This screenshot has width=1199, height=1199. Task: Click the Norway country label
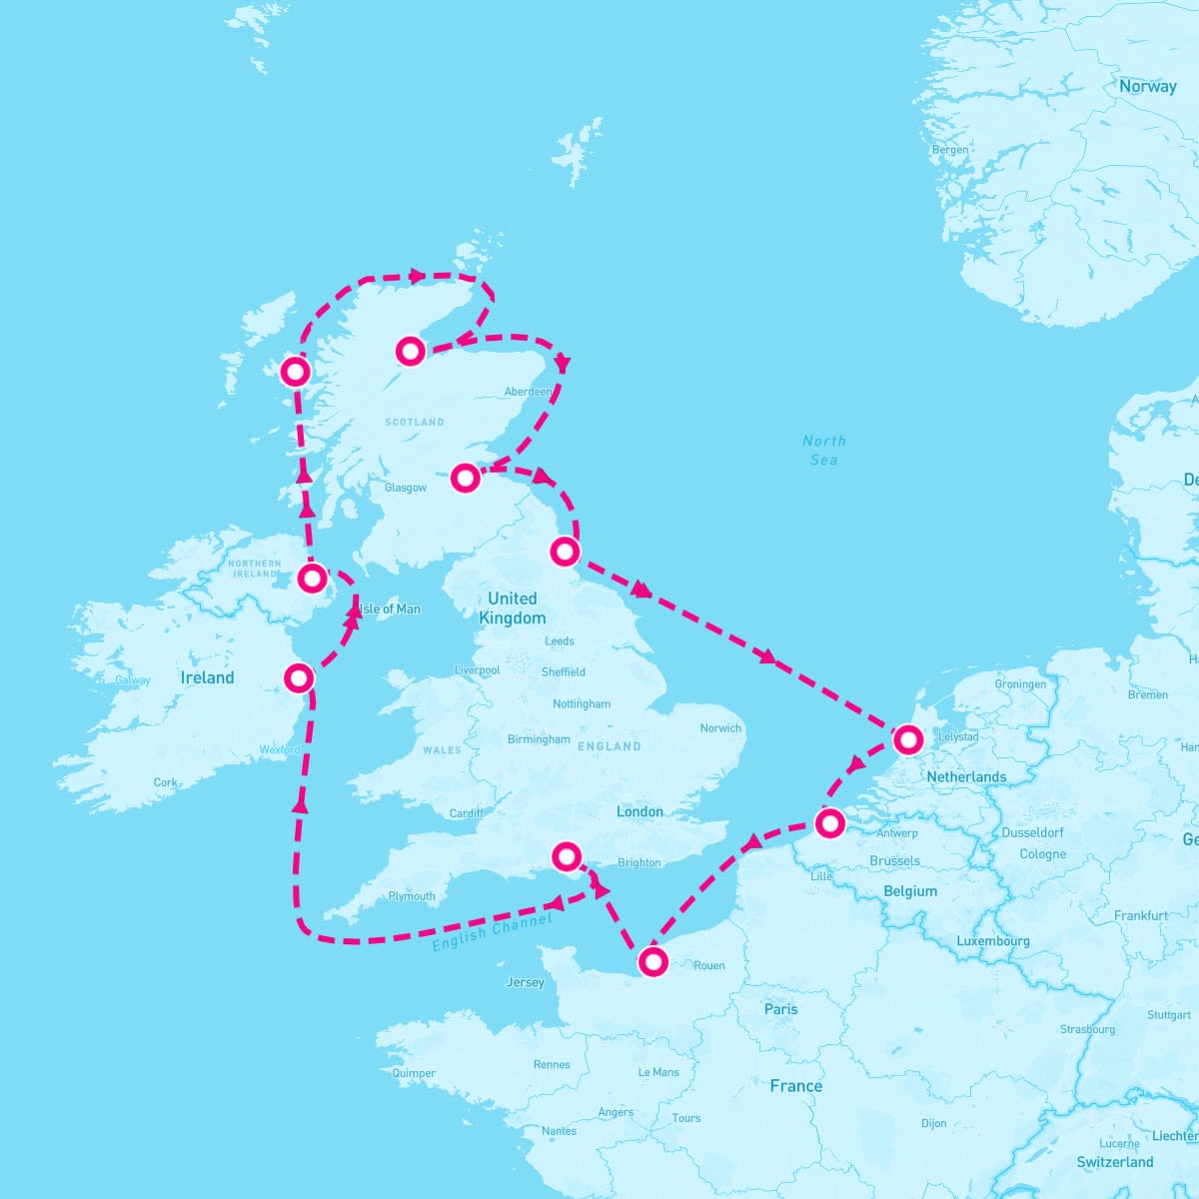(x=1147, y=87)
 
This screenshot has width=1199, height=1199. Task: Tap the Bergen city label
(x=949, y=150)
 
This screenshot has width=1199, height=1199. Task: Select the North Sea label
(x=824, y=450)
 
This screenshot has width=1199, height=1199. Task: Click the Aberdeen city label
(x=529, y=392)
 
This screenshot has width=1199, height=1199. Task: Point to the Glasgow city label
(x=406, y=488)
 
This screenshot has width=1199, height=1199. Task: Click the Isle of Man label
(x=390, y=608)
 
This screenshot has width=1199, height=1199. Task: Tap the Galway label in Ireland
(x=133, y=680)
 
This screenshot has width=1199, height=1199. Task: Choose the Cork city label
(x=166, y=783)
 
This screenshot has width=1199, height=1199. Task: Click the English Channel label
(x=492, y=931)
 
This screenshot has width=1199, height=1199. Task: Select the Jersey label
(x=526, y=982)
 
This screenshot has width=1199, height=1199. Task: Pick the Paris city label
(x=780, y=1009)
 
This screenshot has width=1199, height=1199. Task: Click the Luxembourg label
(x=992, y=941)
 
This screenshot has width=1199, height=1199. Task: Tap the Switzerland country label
(x=1115, y=1162)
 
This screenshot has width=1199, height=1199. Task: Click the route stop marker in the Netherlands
(x=907, y=740)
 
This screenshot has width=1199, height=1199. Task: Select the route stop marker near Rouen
(x=652, y=962)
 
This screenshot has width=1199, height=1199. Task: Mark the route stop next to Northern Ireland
(x=313, y=578)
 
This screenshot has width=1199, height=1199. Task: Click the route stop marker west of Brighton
(x=567, y=855)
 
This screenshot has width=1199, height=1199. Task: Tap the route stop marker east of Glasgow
(x=465, y=478)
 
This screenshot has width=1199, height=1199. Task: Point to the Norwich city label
(x=720, y=728)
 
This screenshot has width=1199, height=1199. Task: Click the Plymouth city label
(x=412, y=896)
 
